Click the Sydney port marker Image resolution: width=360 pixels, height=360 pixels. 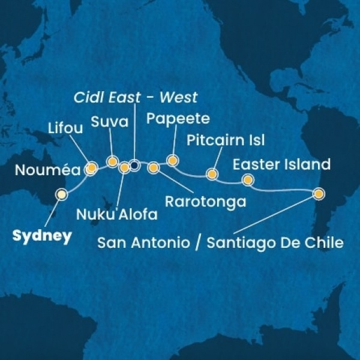tap(61, 194)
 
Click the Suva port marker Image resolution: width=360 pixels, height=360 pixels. tap(112, 161)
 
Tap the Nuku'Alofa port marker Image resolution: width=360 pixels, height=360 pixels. tap(124, 167)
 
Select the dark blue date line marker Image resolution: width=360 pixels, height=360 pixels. tap(134, 166)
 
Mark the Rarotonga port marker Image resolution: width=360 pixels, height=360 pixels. tap(153, 167)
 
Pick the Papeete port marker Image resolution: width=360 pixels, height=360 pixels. tap(172, 160)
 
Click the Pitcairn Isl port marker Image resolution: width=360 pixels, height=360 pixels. tap(211, 174)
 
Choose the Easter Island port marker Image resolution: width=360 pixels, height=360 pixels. tap(247, 180)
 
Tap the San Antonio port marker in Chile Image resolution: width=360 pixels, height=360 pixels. tap(318, 194)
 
